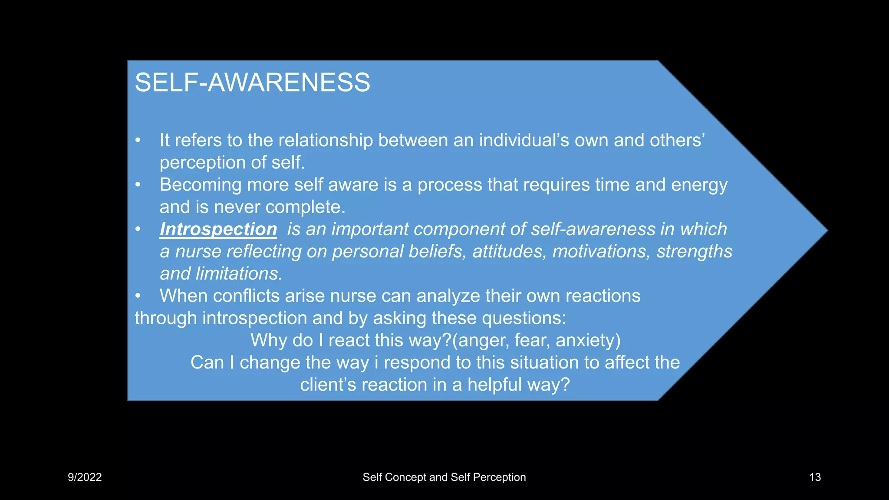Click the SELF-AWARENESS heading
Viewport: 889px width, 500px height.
point(252,82)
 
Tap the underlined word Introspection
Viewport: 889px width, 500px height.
point(218,229)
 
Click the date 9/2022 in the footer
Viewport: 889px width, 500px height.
point(85,477)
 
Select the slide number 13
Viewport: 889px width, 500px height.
point(815,477)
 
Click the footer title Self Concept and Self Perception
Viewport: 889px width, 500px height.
point(444,477)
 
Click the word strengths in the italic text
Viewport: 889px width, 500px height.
point(694,251)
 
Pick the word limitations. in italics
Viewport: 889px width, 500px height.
point(239,273)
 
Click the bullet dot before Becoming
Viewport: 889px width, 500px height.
point(138,185)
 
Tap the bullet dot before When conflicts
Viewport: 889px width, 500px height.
point(138,296)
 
